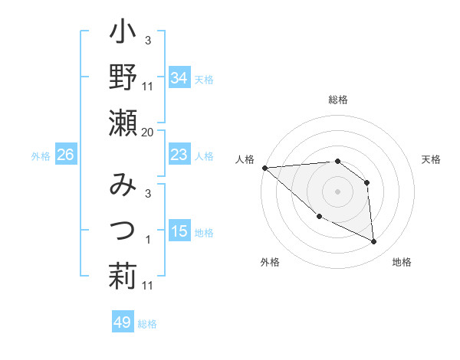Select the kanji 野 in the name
point(123,77)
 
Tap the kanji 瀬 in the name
point(123,122)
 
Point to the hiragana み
point(123,185)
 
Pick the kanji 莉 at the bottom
point(123,275)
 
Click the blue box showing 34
point(179,78)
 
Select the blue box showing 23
point(179,155)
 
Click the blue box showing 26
point(65,155)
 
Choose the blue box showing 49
point(122,322)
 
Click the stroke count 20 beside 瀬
point(147,133)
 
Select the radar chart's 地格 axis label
point(402,262)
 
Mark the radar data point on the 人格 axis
point(265,168)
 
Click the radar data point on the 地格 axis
point(374,242)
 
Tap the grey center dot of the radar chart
point(337,191)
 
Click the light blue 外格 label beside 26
point(40,156)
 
